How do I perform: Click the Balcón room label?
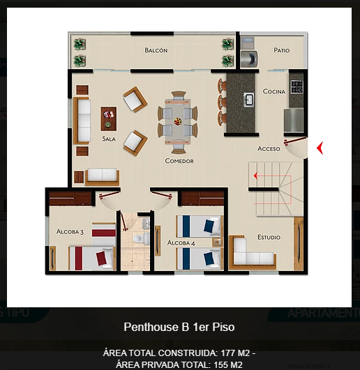tap(156, 50)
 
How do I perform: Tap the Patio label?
tap(282, 50)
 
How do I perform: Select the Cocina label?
tap(274, 91)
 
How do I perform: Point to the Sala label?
tap(108, 139)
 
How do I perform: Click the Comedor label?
tap(179, 161)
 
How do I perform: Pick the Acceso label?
tap(269, 148)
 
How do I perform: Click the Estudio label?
tap(269, 237)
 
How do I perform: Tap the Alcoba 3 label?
tap(70, 231)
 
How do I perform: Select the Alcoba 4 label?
tap(181, 242)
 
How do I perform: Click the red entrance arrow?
tap(320, 148)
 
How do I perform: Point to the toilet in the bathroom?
tap(138, 239)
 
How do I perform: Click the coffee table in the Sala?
tap(109, 118)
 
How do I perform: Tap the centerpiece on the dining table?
tap(179, 120)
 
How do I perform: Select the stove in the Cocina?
tap(297, 86)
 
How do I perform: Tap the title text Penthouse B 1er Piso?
tap(183, 327)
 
